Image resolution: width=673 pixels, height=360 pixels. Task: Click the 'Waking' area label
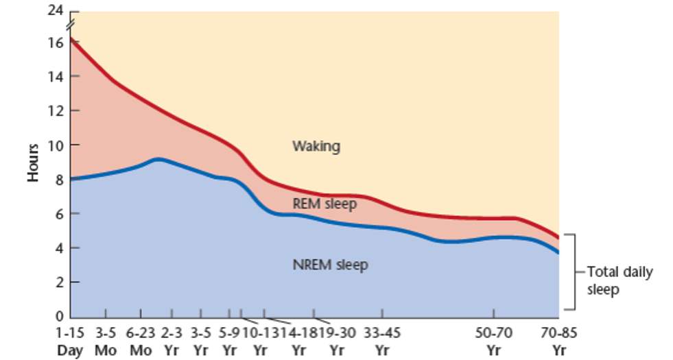pos(316,146)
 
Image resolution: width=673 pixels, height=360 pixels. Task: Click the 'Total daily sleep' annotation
pos(619,280)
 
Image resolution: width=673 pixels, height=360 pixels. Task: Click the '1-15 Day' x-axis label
pos(69,342)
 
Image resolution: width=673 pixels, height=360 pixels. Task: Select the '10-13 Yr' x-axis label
pos(259,342)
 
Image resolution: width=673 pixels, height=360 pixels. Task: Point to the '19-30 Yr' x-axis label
pos(337,342)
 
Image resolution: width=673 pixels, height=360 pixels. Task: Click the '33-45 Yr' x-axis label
pos(381,342)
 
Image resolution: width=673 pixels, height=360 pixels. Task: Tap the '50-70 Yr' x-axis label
pos(493,342)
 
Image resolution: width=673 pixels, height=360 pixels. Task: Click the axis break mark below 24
pos(71,25)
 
